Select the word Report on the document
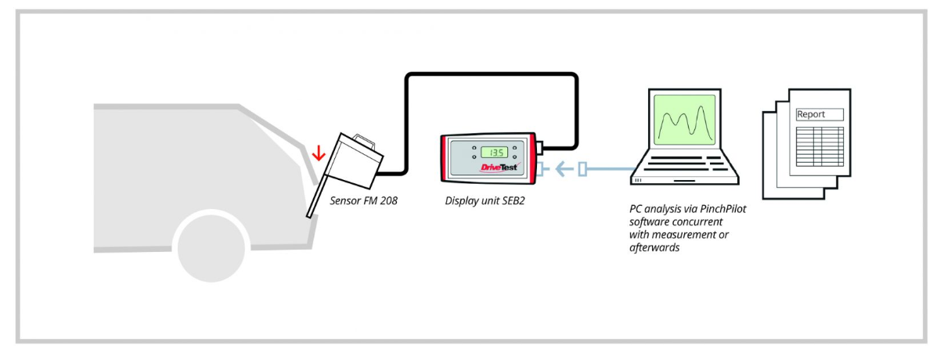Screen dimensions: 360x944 coord(811,114)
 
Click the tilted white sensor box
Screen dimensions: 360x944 coord(354,160)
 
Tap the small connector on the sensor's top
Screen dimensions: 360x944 coord(362,140)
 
